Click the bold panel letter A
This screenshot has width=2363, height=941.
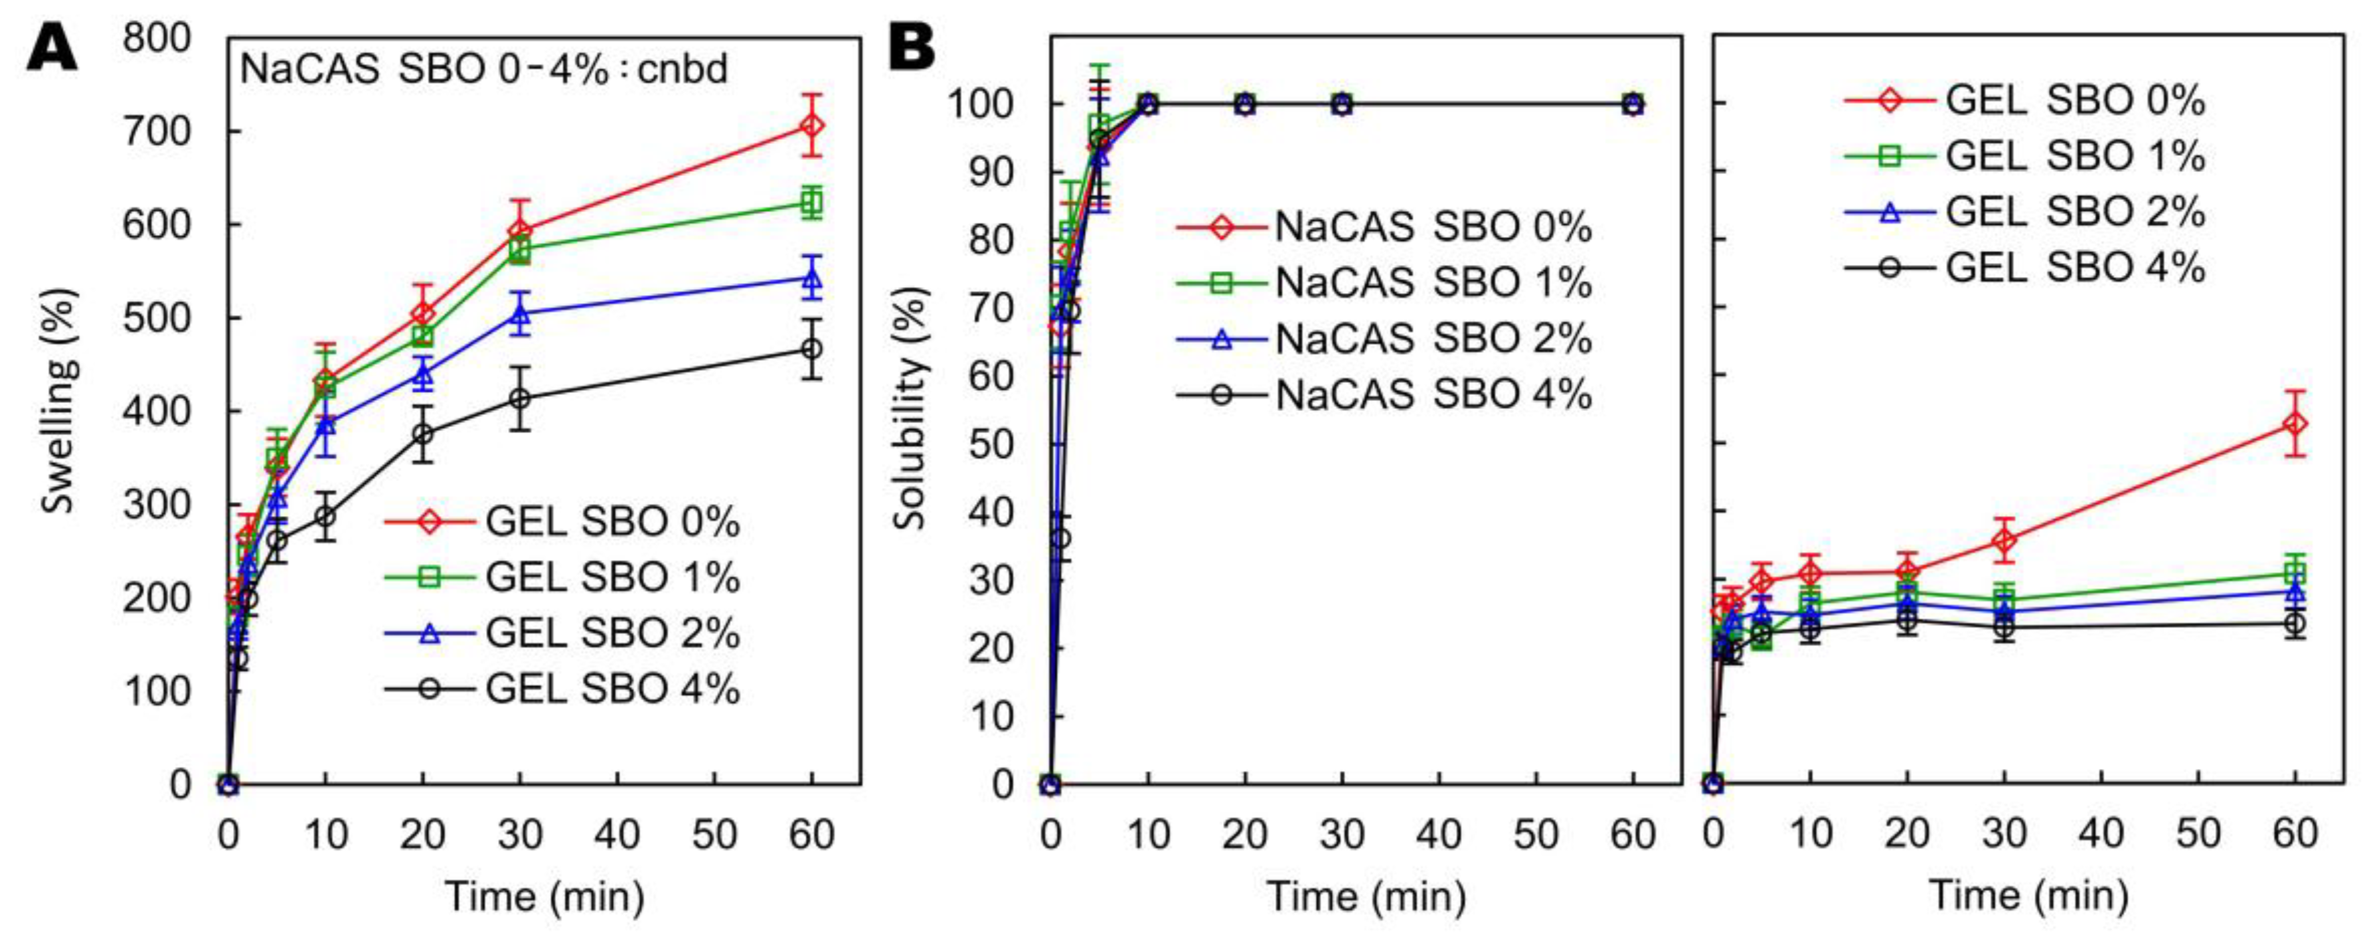pos(52,48)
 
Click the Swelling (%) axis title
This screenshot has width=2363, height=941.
pos(59,401)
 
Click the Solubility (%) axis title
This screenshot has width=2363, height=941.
pos(911,408)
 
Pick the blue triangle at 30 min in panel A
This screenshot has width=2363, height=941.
pos(520,315)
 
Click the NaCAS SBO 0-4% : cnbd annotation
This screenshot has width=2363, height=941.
pos(483,70)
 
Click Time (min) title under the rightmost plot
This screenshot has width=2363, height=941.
pos(2029,895)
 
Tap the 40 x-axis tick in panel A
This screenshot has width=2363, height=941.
pos(617,834)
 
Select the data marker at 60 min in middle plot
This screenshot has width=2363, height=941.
pos(1633,104)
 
